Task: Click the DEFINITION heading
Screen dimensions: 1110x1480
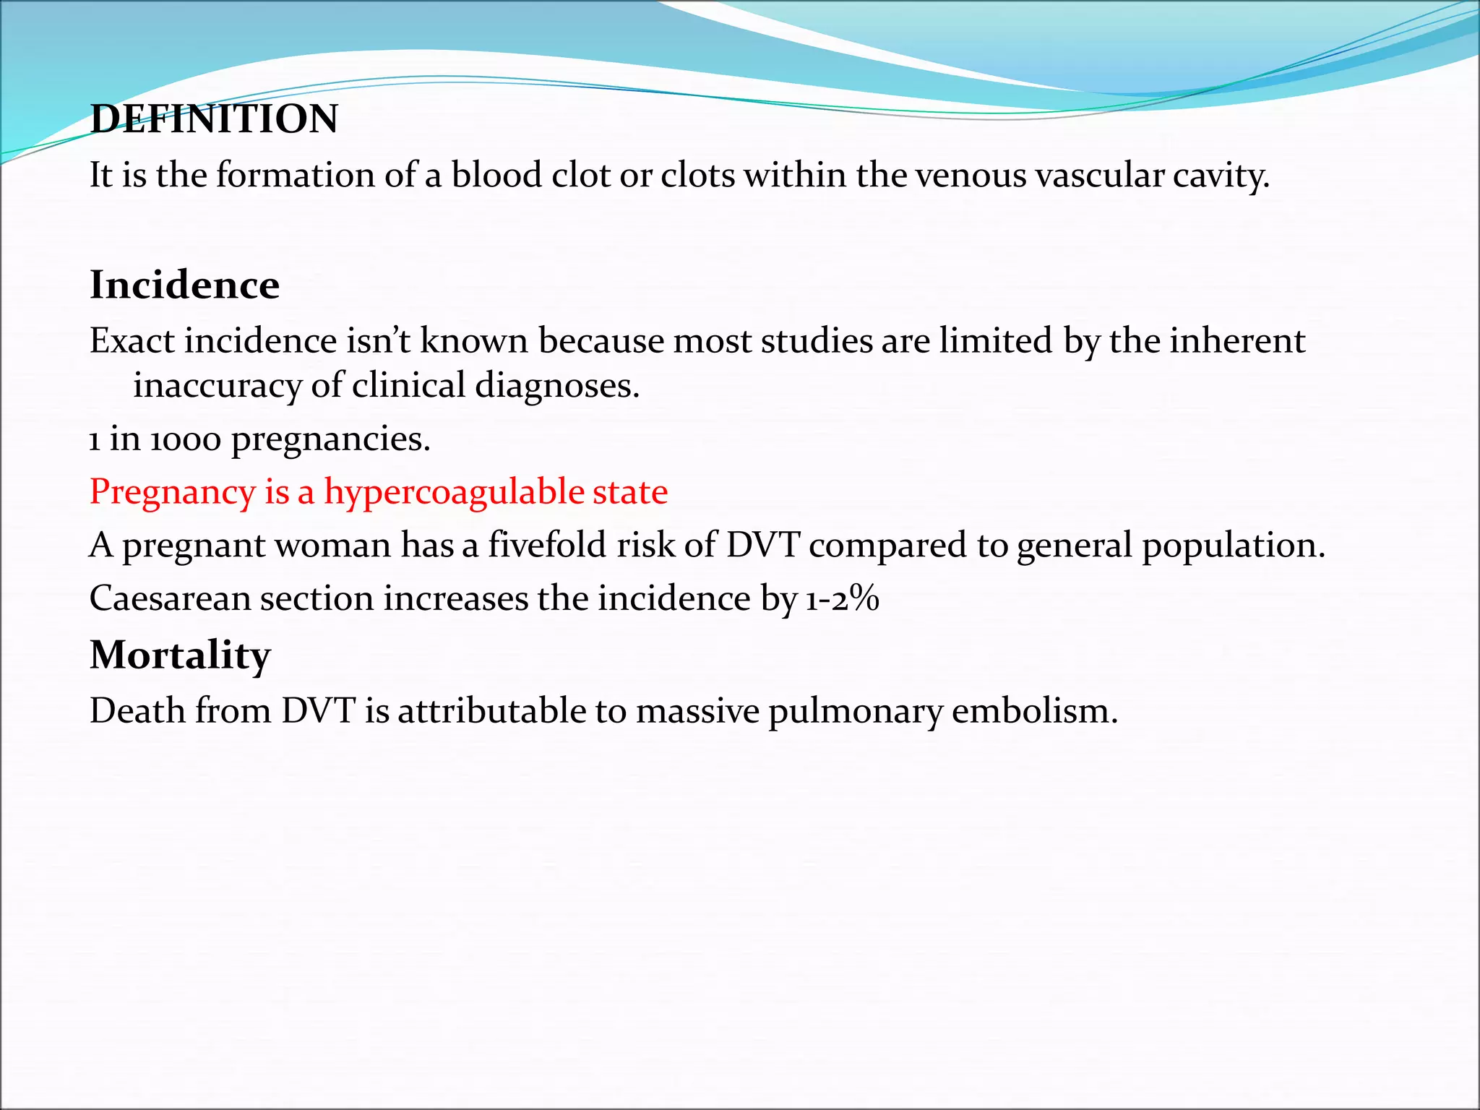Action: (214, 119)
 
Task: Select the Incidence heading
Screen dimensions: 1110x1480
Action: (184, 285)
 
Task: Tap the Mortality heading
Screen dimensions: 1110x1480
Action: (180, 655)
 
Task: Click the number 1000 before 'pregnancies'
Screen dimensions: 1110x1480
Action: (185, 439)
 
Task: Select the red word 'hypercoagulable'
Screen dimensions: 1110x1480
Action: (454, 493)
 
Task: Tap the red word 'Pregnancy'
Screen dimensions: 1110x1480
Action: (172, 493)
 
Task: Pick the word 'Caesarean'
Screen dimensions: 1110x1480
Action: (170, 598)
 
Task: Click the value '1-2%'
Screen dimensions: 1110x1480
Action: (841, 598)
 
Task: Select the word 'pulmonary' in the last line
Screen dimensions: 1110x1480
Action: (855, 711)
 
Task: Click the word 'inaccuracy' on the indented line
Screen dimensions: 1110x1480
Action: (217, 386)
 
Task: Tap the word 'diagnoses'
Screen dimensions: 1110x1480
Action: (557, 386)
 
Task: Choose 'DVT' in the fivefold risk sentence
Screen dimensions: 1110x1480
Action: (762, 545)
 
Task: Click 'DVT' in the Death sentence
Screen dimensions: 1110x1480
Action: (318, 711)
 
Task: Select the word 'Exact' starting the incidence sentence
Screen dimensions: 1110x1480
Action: (132, 341)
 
